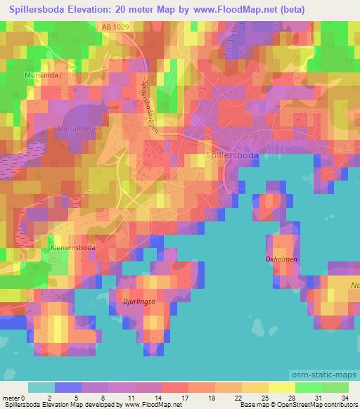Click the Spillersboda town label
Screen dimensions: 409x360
click(x=231, y=156)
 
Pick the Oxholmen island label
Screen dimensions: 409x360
click(x=281, y=259)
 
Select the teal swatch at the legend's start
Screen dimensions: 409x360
click(x=41, y=387)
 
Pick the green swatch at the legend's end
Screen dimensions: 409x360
click(x=335, y=387)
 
